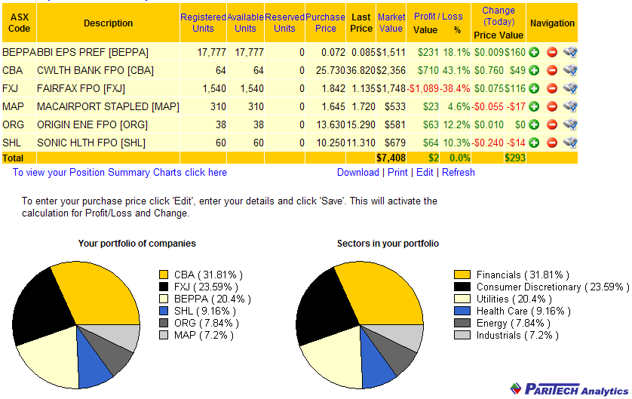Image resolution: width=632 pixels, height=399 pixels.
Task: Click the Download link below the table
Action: click(x=357, y=173)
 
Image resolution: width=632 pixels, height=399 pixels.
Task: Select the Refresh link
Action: click(x=459, y=173)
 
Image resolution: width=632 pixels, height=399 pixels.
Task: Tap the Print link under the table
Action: click(x=397, y=173)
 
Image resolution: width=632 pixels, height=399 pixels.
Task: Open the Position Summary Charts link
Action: click(x=119, y=173)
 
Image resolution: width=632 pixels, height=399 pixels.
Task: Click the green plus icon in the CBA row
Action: click(x=534, y=71)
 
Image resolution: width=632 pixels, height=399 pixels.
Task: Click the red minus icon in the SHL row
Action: click(x=551, y=143)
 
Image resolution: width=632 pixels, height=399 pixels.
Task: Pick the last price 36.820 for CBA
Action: click(x=361, y=71)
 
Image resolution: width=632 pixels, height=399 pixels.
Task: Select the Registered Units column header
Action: click(x=203, y=23)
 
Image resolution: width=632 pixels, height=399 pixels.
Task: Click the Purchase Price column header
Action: click(x=325, y=23)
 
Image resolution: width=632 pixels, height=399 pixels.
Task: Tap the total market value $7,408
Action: click(x=391, y=158)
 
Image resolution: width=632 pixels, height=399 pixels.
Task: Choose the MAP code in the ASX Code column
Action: click(x=14, y=106)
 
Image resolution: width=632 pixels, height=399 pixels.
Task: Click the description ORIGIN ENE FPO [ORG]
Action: click(x=91, y=124)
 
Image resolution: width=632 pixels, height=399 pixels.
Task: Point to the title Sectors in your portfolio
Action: click(x=388, y=244)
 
